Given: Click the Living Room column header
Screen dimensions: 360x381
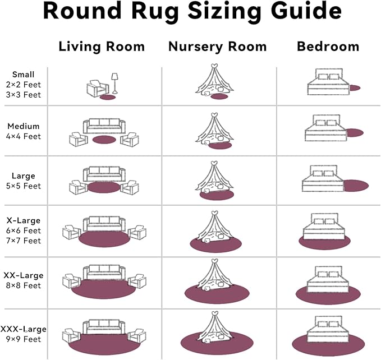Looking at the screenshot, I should point(102,47).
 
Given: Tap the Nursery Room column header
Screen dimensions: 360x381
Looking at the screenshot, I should point(217,47).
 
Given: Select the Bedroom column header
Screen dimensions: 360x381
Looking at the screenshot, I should point(327,47).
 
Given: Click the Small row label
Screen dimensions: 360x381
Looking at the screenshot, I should point(24,75).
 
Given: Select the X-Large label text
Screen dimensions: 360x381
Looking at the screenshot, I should point(24,220).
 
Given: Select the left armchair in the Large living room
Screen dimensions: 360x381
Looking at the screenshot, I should point(77,187).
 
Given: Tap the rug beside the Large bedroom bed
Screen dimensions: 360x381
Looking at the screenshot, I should point(355,185).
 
